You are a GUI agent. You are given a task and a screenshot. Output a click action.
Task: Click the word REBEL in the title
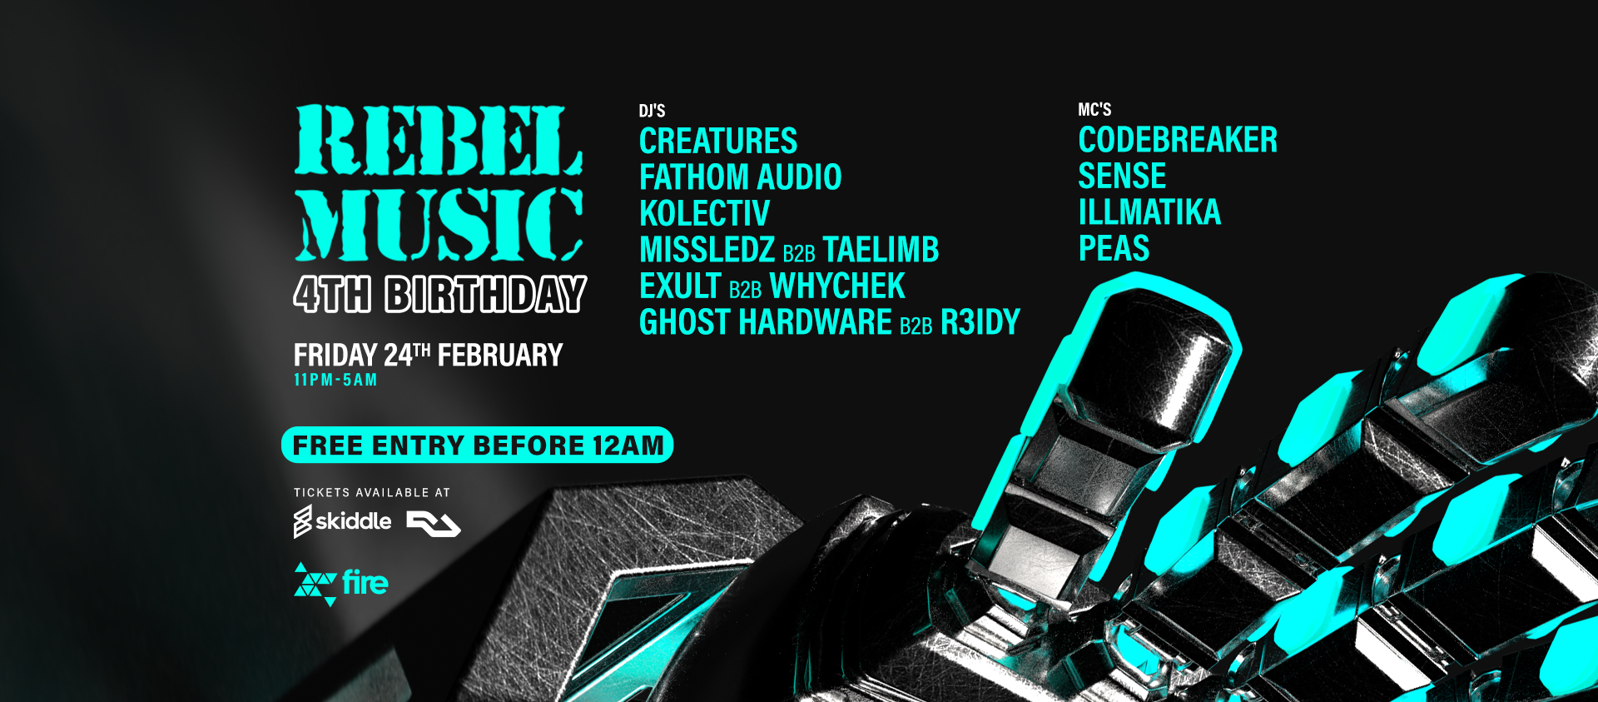click(439, 140)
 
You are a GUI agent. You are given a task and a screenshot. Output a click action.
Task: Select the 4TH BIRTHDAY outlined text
click(440, 295)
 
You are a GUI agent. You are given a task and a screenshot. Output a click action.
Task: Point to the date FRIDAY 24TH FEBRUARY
click(428, 356)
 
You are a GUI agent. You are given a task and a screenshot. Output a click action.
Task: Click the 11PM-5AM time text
click(335, 380)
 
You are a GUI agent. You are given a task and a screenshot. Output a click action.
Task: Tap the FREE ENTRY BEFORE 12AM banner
click(477, 445)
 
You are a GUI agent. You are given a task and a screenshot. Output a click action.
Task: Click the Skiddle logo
click(342, 521)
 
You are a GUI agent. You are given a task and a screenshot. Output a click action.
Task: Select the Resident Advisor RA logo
click(434, 524)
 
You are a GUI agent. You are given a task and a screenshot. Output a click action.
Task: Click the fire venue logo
click(341, 583)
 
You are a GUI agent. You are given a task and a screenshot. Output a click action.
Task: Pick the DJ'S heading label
click(652, 111)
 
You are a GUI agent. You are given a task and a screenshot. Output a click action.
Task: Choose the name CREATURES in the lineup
click(718, 141)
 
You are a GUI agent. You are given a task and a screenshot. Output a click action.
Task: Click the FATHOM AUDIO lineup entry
click(740, 177)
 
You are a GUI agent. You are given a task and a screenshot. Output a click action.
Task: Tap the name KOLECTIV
click(704, 214)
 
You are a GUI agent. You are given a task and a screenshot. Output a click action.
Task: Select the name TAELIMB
click(881, 250)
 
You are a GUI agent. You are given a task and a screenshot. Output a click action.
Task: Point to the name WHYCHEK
click(837, 286)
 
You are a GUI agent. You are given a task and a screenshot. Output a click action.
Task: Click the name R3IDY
click(980, 322)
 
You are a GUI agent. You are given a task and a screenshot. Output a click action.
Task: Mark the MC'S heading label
click(1094, 110)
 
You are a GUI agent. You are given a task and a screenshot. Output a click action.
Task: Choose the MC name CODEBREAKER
click(1178, 140)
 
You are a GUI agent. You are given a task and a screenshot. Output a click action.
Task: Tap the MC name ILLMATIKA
click(1149, 212)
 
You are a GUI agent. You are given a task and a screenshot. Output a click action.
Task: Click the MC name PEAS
click(1114, 248)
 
